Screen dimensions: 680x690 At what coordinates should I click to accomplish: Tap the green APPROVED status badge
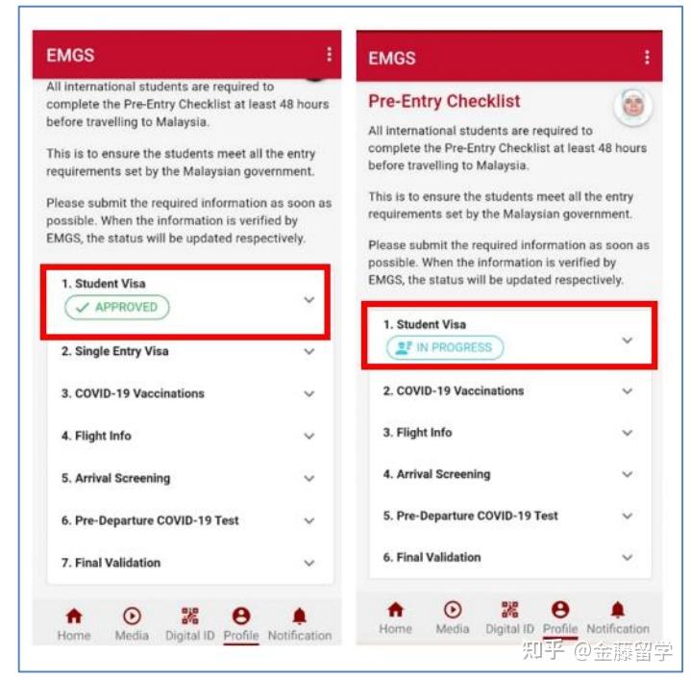click(x=116, y=308)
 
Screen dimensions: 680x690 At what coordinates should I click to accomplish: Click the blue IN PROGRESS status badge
click(x=444, y=348)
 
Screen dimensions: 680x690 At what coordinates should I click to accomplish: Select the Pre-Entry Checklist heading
click(x=444, y=101)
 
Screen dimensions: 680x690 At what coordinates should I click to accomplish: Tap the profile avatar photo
click(x=632, y=107)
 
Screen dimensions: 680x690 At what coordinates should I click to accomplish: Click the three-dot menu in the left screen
click(x=329, y=55)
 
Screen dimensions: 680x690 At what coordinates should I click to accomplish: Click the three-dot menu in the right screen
click(x=649, y=58)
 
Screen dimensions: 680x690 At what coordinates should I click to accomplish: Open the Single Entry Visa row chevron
click(x=308, y=352)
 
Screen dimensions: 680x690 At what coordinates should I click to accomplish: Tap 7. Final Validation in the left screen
click(x=111, y=563)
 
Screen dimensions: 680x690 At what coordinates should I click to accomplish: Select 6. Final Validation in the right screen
click(x=431, y=557)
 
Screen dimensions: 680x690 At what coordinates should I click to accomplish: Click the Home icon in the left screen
click(x=73, y=617)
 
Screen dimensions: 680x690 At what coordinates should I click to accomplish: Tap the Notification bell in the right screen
click(x=617, y=610)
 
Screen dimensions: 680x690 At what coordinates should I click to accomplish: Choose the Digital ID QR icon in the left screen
click(x=189, y=617)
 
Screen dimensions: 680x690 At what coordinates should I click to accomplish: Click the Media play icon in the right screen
click(x=453, y=610)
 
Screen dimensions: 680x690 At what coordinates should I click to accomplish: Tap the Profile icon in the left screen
click(x=241, y=617)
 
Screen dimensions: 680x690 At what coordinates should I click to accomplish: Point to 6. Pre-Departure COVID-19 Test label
click(x=150, y=520)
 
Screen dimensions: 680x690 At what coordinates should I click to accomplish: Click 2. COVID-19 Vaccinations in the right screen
click(x=454, y=391)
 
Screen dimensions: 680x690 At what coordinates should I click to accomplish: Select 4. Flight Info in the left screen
click(x=96, y=436)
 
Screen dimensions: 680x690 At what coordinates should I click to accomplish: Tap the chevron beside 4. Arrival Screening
click(x=627, y=474)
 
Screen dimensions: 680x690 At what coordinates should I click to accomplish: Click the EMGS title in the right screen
click(x=392, y=59)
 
